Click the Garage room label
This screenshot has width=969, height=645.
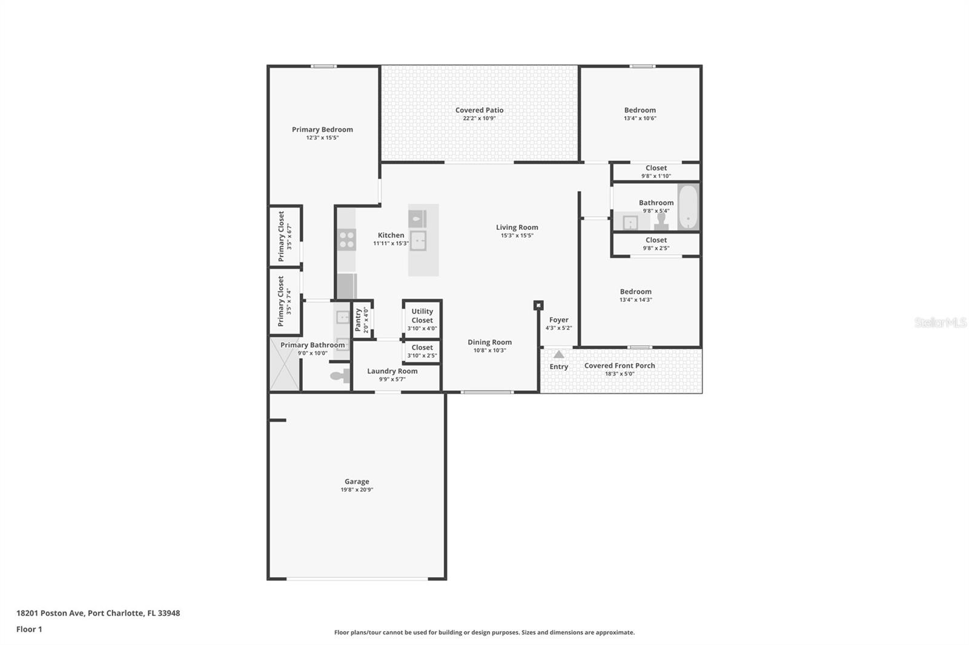357,482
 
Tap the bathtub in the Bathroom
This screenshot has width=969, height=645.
688,208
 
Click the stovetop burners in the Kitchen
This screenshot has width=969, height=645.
347,240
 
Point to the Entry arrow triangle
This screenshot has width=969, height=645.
558,355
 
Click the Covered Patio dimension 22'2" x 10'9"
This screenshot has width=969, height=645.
479,119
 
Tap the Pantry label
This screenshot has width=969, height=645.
358,319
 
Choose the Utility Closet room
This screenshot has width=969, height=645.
422,319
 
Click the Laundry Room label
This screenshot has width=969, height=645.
392,371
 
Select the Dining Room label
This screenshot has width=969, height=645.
489,342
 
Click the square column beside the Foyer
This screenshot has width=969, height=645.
538,306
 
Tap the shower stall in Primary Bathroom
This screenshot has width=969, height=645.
285,364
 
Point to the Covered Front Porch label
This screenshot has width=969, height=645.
620,365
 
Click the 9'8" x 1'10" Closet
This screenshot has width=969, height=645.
656,172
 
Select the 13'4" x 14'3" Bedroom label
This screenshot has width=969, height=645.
635,292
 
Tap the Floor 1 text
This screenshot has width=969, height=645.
29,629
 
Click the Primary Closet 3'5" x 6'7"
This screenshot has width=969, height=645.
285,236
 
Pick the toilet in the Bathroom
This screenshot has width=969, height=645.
661,221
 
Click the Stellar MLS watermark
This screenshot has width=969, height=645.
940,322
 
